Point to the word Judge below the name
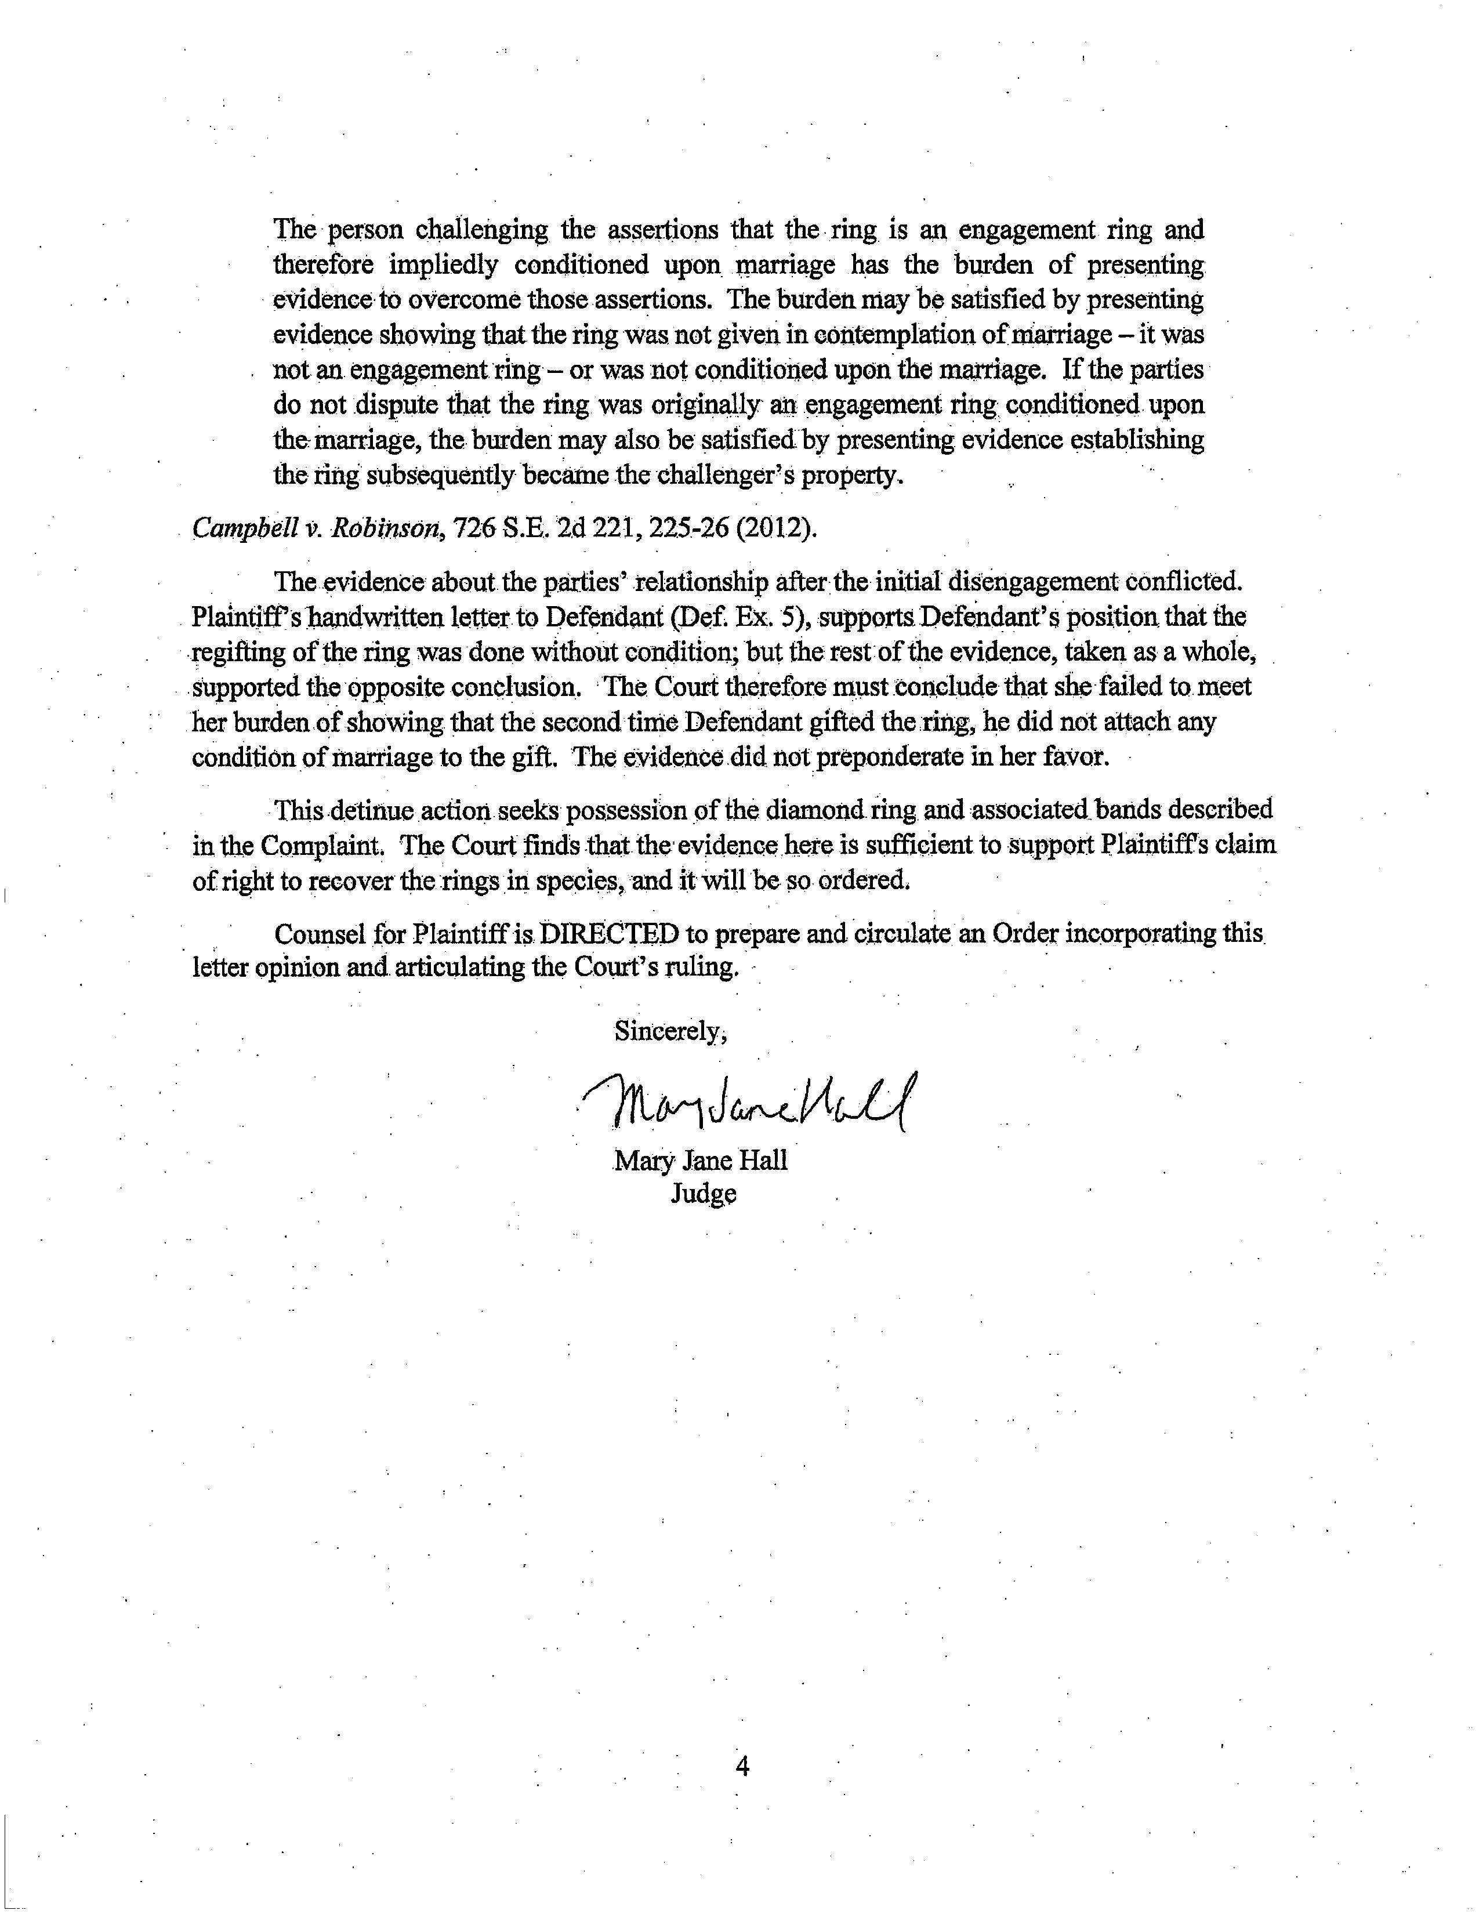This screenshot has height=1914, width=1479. [x=703, y=1194]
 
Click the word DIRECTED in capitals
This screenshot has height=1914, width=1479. [x=609, y=934]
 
